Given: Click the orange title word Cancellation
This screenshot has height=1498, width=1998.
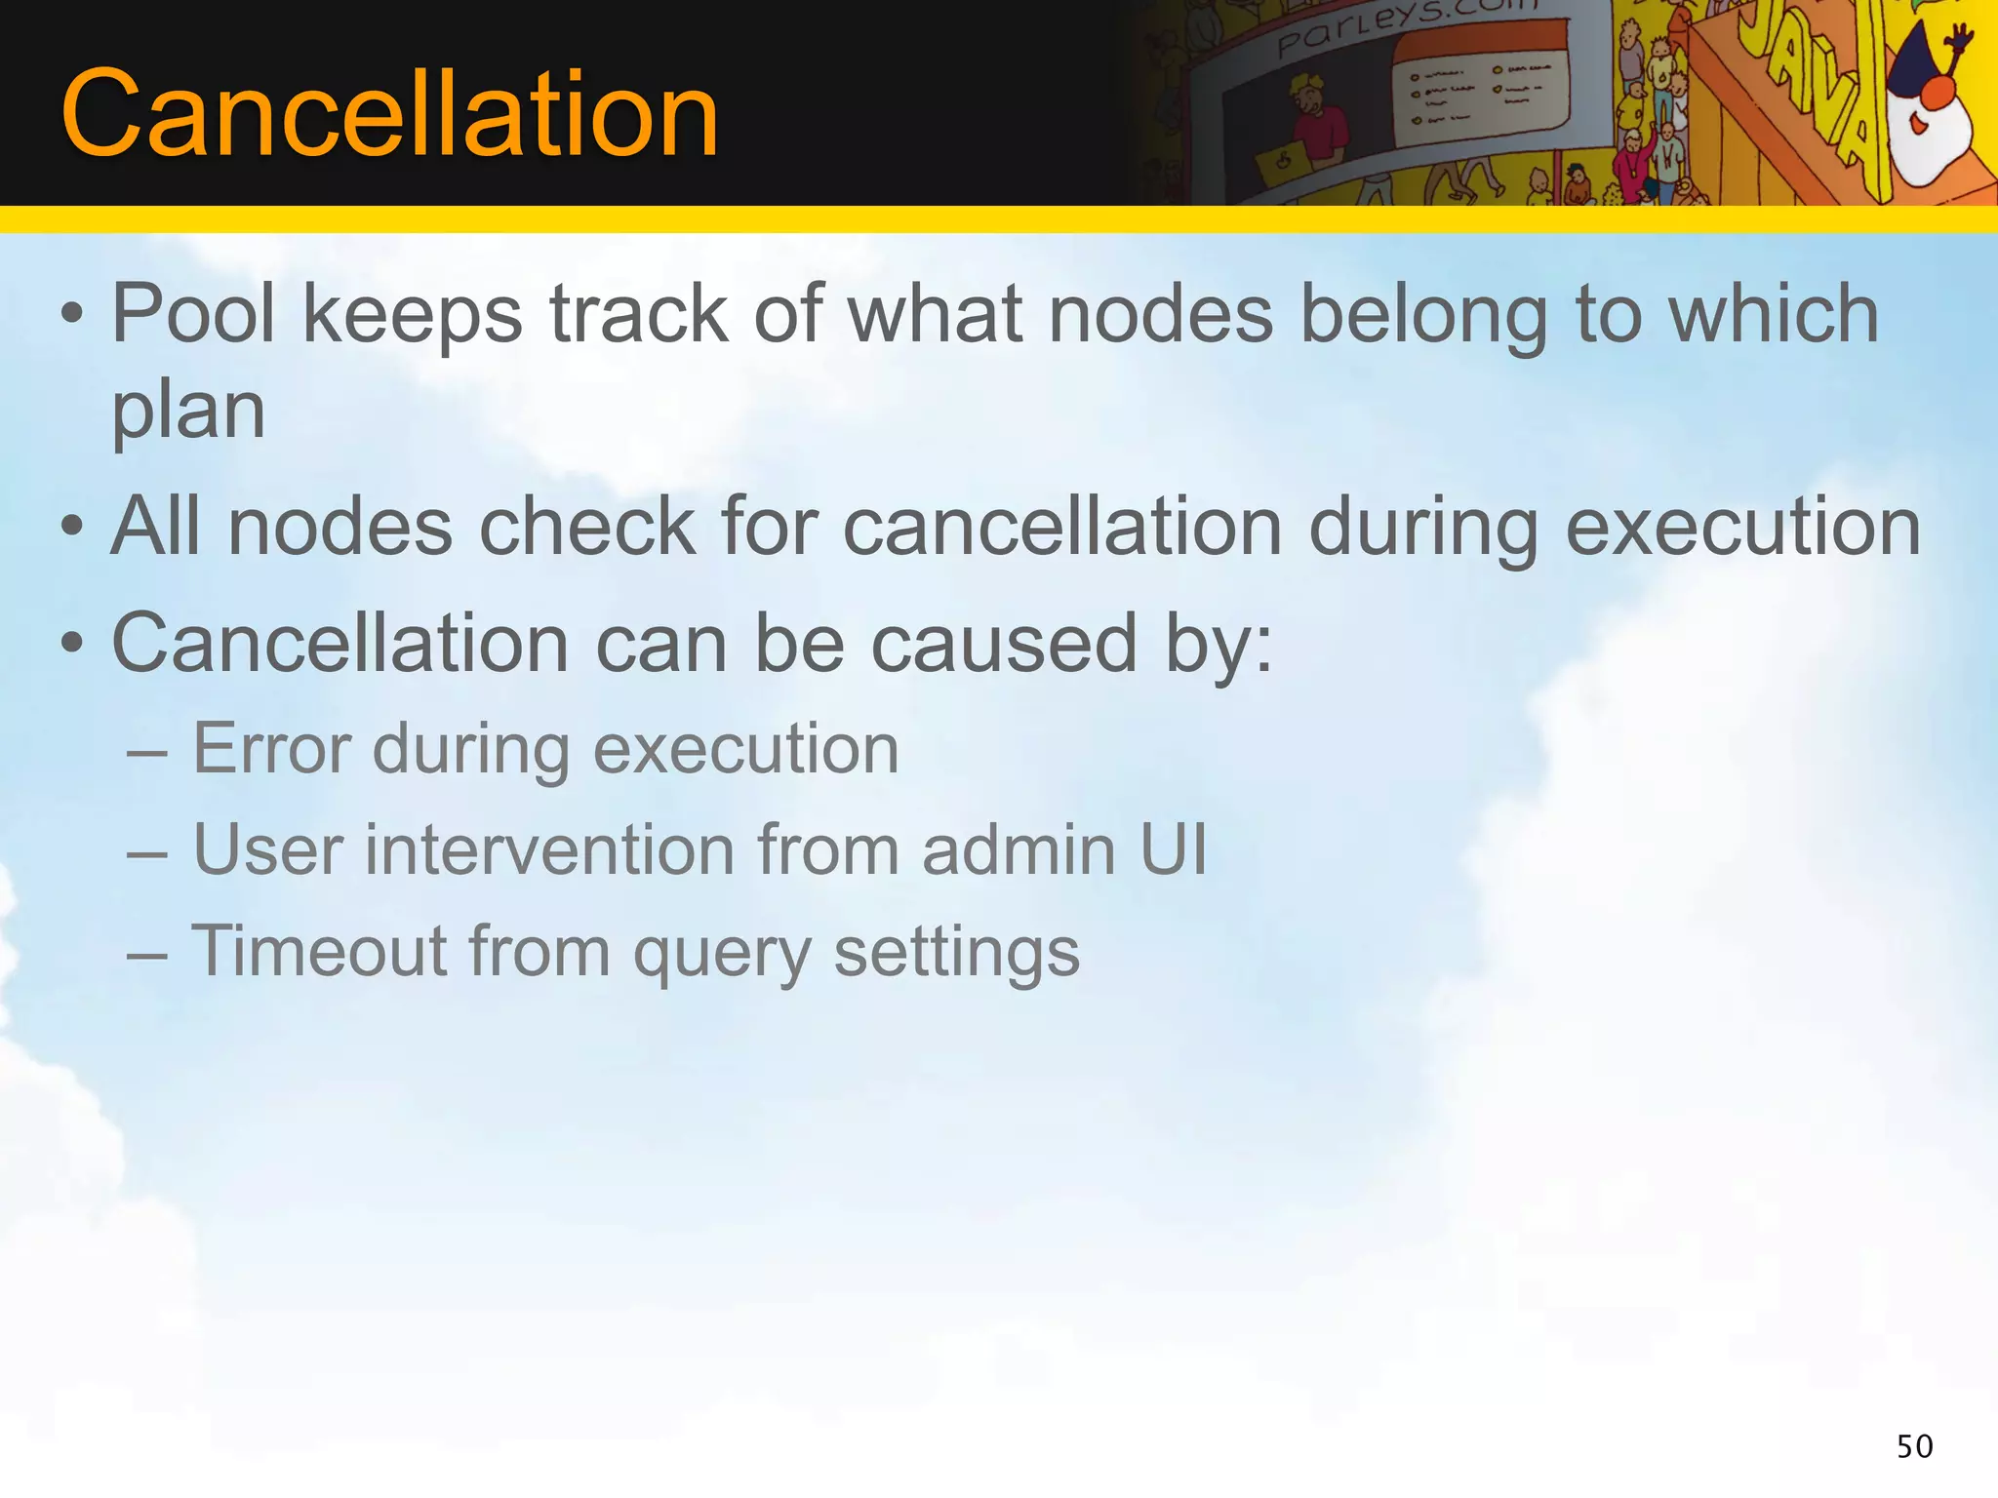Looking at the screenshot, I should (389, 114).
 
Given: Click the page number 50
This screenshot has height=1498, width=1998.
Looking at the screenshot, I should (1914, 1446).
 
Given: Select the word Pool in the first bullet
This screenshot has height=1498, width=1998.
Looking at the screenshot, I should (194, 314).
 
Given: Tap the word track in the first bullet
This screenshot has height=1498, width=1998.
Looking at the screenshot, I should (639, 314).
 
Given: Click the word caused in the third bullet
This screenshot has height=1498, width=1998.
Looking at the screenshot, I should (1004, 645).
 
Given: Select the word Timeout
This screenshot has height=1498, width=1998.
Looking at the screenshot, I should (318, 951).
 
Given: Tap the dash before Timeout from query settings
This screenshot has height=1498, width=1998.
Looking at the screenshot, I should (146, 953).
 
